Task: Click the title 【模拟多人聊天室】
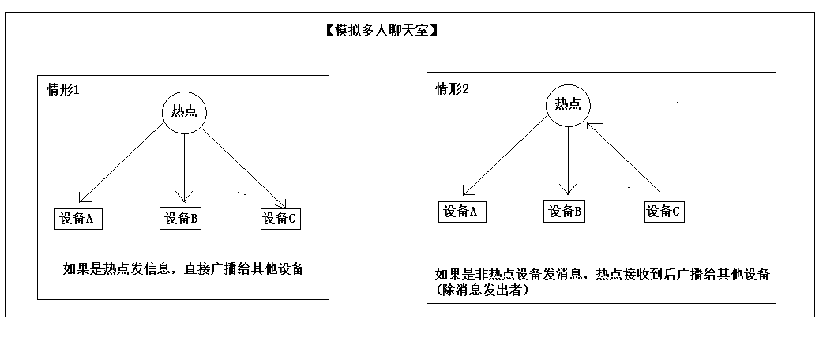click(381, 32)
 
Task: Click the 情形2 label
click(453, 88)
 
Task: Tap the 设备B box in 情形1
click(181, 219)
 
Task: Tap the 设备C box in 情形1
click(280, 219)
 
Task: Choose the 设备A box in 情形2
click(462, 211)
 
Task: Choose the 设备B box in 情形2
click(565, 211)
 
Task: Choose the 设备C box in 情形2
click(663, 211)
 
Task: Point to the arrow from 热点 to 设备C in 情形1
click(245, 167)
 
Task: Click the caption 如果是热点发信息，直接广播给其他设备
click(183, 269)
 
